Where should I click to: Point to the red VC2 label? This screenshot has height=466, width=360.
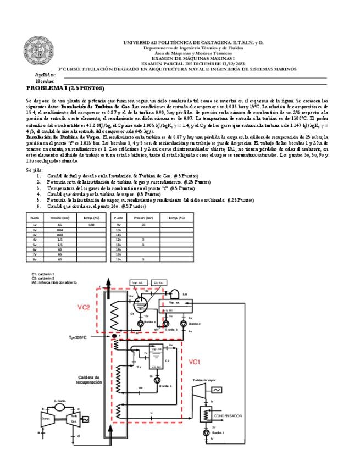point(84,307)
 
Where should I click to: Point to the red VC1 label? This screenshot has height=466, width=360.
point(195,362)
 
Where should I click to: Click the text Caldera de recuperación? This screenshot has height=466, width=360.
point(87,380)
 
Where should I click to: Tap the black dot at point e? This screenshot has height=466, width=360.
point(113,336)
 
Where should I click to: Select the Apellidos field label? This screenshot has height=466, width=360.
point(45,75)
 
